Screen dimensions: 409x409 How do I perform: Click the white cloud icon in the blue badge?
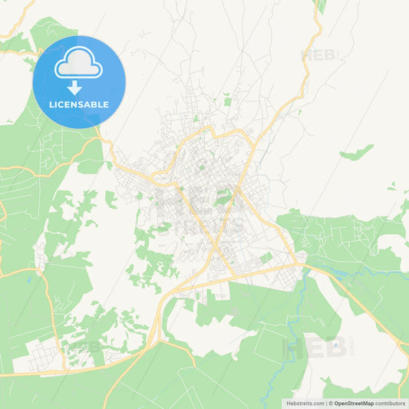78,64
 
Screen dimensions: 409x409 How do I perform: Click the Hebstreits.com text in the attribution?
305,402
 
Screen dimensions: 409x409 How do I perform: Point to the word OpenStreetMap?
354,402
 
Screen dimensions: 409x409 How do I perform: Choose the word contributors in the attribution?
391,402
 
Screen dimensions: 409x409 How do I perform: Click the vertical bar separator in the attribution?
327,402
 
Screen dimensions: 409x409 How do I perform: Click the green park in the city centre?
223,197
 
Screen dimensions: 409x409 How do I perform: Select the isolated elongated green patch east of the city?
357,153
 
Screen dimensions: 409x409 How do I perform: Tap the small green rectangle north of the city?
227,100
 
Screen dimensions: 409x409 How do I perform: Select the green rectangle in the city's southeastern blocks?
266,259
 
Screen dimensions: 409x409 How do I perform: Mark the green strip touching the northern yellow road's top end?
321,7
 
